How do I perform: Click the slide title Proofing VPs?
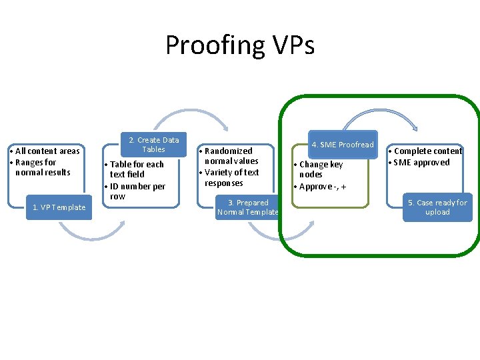(240, 45)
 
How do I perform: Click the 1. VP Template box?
(59, 207)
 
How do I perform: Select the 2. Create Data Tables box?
(153, 145)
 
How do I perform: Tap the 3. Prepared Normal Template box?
(248, 207)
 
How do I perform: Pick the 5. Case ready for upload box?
(437, 207)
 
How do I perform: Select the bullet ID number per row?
(137, 191)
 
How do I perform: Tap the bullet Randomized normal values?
(230, 156)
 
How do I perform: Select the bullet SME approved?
(423, 163)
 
